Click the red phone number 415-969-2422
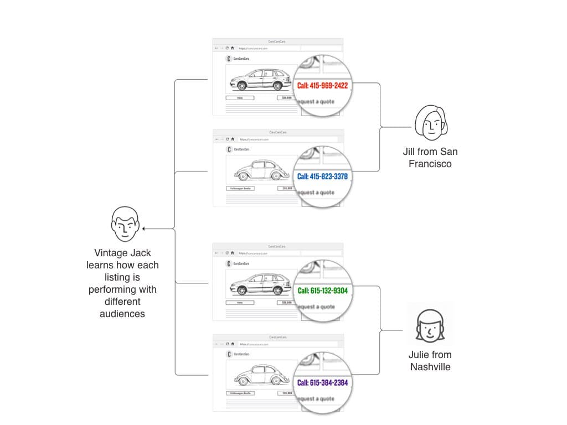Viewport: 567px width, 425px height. (322, 86)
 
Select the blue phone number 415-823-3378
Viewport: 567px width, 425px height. (322, 177)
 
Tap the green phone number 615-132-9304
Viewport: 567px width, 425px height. (322, 291)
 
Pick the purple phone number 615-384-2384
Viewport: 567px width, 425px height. (322, 382)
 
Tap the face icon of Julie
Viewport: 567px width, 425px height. (430, 326)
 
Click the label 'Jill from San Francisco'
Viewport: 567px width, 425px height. (430, 157)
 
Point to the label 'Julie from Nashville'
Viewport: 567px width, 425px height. (430, 360)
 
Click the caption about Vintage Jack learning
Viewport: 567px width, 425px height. (122, 283)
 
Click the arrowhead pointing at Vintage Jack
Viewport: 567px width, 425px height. (143, 228)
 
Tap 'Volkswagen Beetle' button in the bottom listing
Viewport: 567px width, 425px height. (240, 393)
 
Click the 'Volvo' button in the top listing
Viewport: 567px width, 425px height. (240, 98)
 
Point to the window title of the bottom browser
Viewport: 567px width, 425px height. (277, 337)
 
